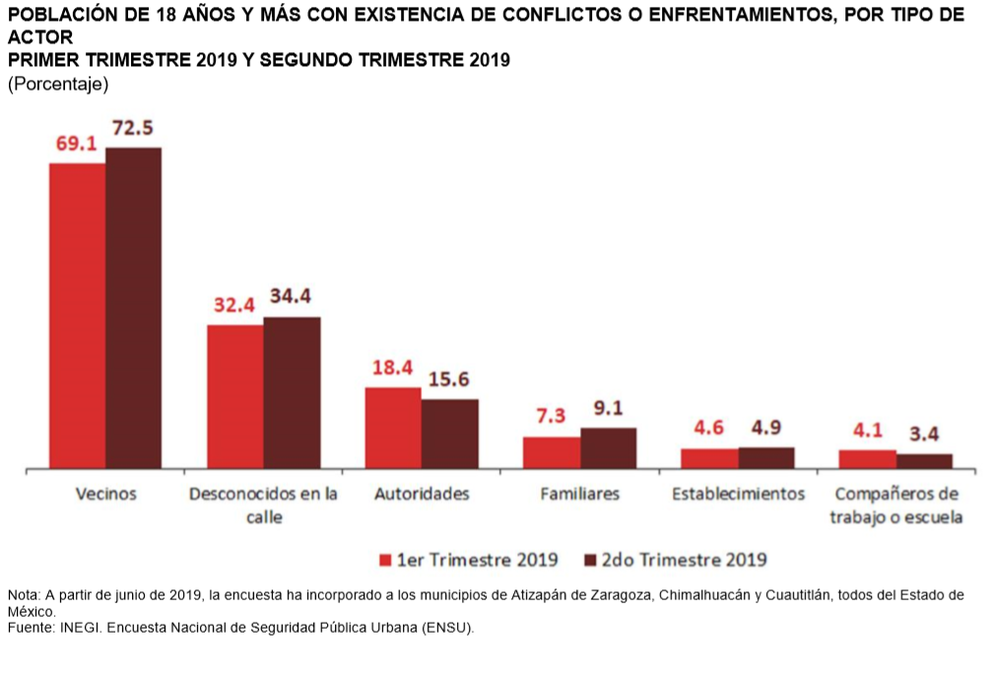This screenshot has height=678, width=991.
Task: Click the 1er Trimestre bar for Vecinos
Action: [78, 314]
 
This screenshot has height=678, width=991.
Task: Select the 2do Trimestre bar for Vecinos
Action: [134, 306]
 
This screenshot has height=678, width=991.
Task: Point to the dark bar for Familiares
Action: [608, 447]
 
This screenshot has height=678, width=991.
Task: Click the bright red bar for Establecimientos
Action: [709, 458]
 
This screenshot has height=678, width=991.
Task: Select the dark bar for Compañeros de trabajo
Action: [924, 460]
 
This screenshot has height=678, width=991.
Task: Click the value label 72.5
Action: [134, 128]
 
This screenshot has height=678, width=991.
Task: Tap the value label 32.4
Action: [235, 305]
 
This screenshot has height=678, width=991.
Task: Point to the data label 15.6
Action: [449, 379]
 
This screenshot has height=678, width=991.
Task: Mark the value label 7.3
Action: [551, 416]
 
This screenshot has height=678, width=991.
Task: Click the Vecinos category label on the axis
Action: [105, 494]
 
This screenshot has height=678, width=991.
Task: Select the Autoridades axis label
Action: [422, 494]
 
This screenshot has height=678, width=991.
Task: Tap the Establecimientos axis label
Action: [738, 494]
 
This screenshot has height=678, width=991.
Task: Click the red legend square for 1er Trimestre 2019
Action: [385, 560]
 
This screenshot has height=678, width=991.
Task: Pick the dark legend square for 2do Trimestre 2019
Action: [591, 560]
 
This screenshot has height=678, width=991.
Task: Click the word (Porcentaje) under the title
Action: [57, 84]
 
